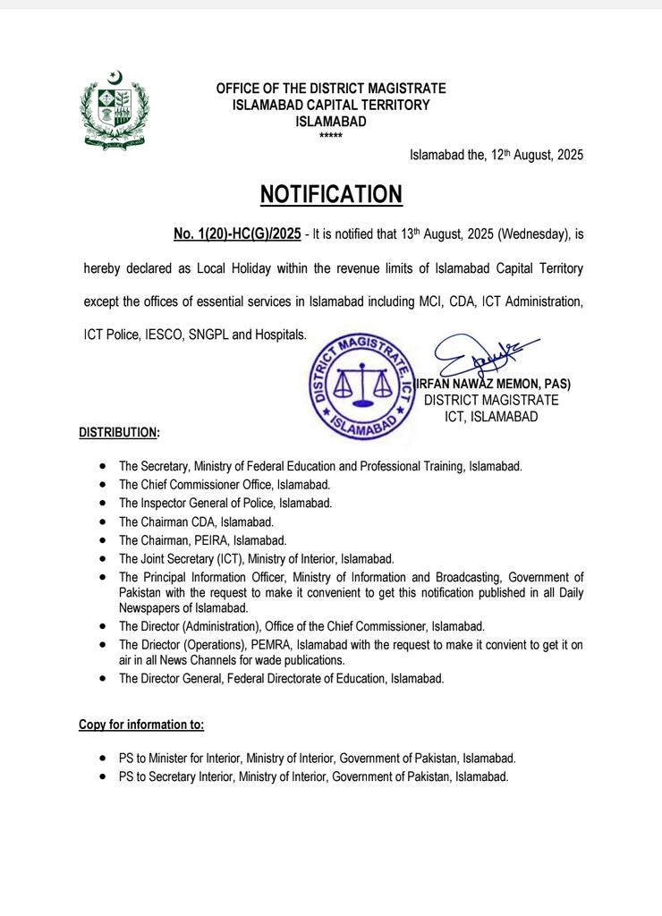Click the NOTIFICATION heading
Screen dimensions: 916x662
331,195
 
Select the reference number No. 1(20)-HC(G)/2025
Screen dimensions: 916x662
237,234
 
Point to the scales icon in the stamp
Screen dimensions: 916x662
362,385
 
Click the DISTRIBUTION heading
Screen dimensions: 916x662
119,433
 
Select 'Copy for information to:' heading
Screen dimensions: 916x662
141,725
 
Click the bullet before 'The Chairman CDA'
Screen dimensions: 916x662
105,522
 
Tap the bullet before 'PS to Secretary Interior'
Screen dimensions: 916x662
105,777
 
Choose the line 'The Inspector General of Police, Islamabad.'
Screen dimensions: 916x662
225,504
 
